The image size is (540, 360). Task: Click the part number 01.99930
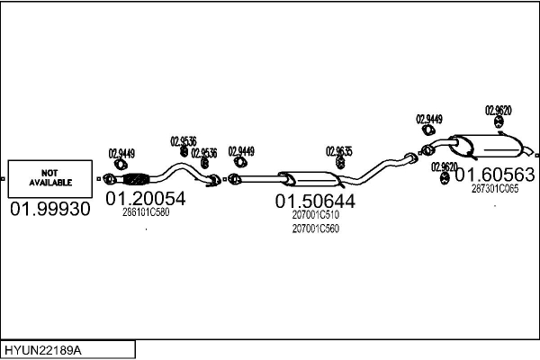pyautogui.click(x=50, y=210)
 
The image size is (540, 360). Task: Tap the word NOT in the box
pyautogui.click(x=49, y=172)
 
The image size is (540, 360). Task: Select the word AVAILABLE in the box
pyautogui.click(x=49, y=182)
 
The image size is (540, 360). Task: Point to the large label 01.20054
pyautogui.click(x=146, y=199)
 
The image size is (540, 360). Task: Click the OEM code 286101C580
pyautogui.click(x=146, y=213)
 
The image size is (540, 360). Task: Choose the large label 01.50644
pyautogui.click(x=315, y=202)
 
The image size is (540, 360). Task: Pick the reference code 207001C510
pyautogui.click(x=315, y=215)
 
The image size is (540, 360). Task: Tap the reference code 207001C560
pyautogui.click(x=315, y=229)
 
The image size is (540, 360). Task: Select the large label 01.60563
pyautogui.click(x=495, y=175)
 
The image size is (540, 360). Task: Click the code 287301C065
pyautogui.click(x=495, y=188)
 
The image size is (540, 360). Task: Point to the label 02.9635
pyautogui.click(x=339, y=151)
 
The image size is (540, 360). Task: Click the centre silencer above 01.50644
pyautogui.click(x=301, y=179)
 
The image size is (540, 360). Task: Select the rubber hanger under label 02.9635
pyautogui.click(x=339, y=164)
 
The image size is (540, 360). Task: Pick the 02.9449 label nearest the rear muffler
pyautogui.click(x=429, y=119)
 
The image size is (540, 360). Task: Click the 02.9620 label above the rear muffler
pyautogui.click(x=499, y=110)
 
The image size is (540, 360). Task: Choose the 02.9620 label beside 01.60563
pyautogui.click(x=444, y=166)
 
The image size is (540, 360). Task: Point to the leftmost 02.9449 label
pyautogui.click(x=121, y=153)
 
